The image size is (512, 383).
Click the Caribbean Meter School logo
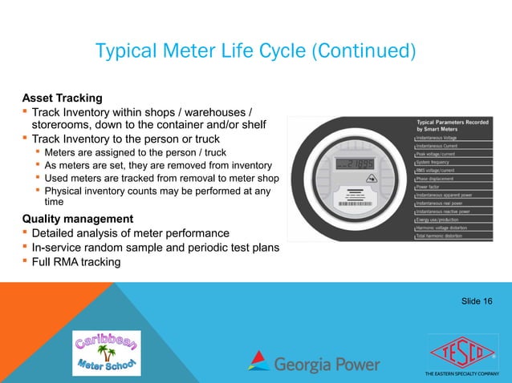(x=106, y=353)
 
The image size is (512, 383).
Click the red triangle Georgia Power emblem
(x=258, y=361)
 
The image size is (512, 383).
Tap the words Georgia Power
(x=327, y=364)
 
